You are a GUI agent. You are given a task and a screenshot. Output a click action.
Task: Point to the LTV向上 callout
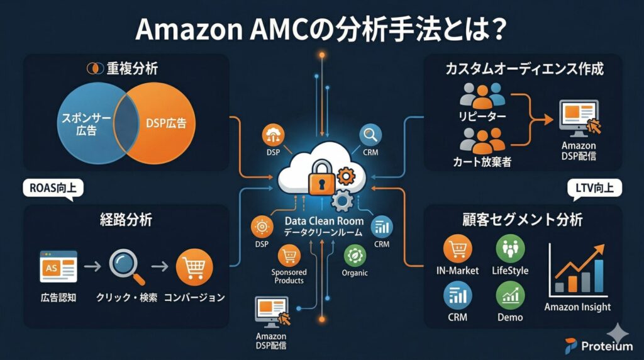point(594,188)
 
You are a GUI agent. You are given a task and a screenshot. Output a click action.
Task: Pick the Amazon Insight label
point(577,307)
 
